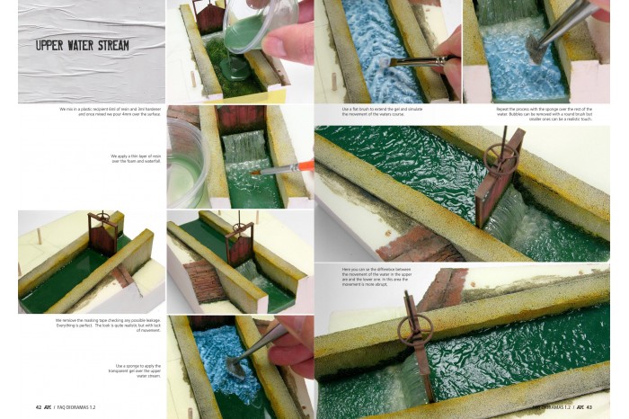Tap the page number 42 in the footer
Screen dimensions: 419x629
(39, 407)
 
